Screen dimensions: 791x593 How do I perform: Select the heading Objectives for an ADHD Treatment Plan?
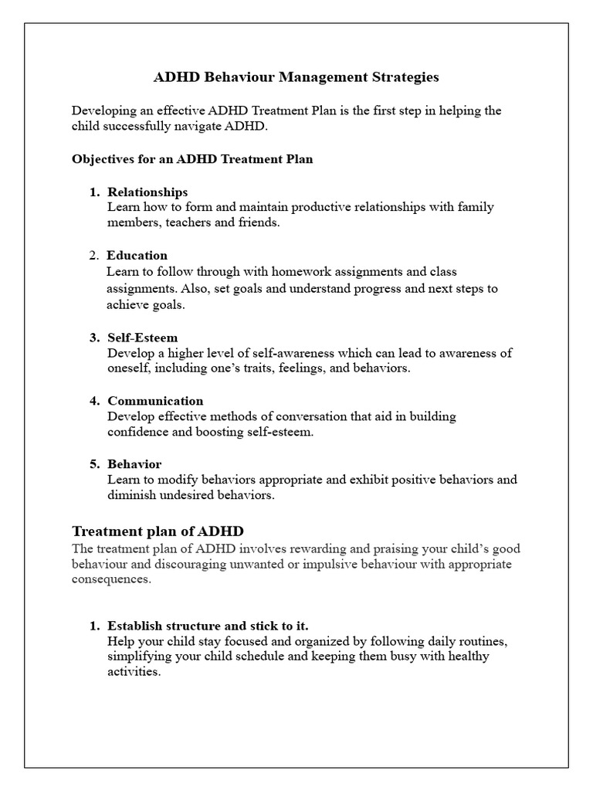[x=192, y=159]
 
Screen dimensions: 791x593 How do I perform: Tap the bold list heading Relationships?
[x=147, y=192]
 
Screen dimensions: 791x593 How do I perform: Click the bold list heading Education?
[x=137, y=255]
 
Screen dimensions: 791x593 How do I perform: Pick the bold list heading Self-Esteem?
[x=143, y=338]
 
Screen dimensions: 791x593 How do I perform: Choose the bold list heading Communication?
[x=155, y=401]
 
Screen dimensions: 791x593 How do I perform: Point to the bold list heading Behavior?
[x=134, y=464]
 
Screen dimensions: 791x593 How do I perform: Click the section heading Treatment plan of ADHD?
[x=158, y=531]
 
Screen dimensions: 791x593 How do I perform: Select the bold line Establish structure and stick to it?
[x=213, y=626]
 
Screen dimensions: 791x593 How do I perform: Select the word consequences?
[x=107, y=579]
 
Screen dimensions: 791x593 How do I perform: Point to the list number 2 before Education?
[x=93, y=255]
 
